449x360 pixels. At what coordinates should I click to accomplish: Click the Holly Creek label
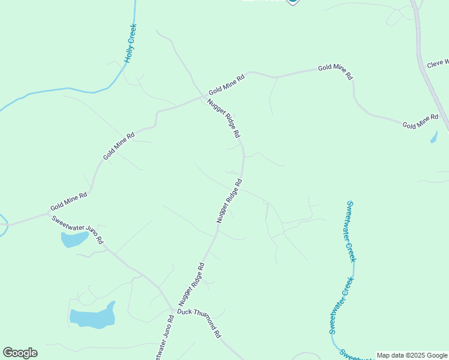[x=130, y=44]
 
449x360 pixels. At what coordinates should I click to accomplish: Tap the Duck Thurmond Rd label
[x=199, y=325]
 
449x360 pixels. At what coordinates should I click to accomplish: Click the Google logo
[x=20, y=353]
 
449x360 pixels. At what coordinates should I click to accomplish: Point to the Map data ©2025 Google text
[x=412, y=355]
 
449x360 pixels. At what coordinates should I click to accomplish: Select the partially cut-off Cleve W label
[x=438, y=63]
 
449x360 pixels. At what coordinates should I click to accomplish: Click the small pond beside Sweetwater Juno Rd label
[x=74, y=240]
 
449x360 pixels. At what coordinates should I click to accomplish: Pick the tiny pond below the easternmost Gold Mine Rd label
[x=433, y=137]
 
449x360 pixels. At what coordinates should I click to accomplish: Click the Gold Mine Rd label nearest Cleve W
[x=420, y=121]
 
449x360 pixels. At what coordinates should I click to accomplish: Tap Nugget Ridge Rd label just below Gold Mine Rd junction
[x=223, y=118]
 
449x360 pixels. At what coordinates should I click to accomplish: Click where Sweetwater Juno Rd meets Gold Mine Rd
[x=48, y=213]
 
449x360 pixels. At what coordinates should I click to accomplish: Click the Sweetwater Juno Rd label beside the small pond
[x=77, y=229]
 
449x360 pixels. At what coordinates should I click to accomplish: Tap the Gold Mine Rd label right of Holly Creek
[x=227, y=85]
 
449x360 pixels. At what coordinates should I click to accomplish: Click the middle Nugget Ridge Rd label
[x=229, y=201]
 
